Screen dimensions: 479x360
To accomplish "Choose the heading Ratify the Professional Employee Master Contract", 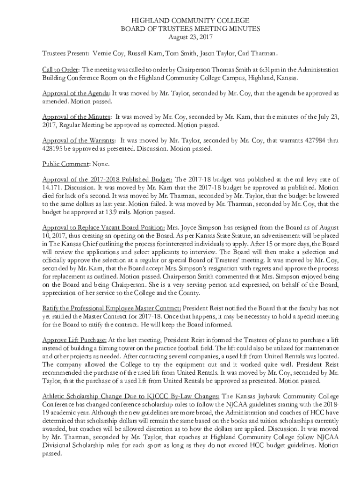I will pos(112,308).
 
